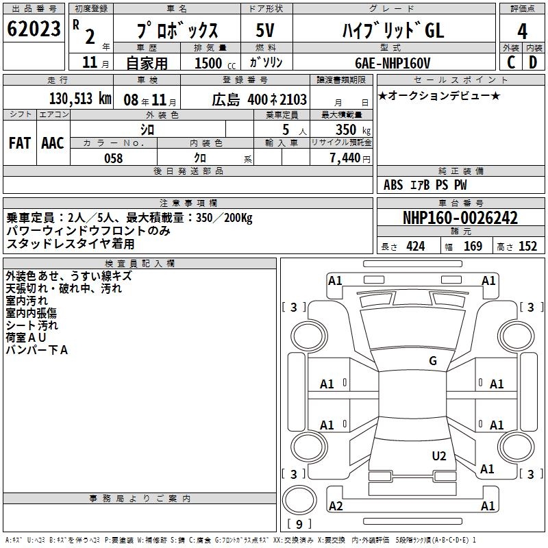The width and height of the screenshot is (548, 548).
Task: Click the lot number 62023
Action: click(x=34, y=29)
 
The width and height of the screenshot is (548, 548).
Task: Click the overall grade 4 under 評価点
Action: click(x=522, y=32)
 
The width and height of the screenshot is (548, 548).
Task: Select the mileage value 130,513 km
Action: click(x=80, y=99)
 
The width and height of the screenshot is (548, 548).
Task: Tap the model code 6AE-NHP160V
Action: click(x=393, y=63)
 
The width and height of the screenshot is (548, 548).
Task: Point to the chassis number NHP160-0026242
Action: click(x=460, y=218)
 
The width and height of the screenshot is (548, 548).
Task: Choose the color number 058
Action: click(x=114, y=158)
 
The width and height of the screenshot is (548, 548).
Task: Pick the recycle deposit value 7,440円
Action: click(x=350, y=158)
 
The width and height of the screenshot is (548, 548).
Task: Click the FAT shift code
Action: click(x=20, y=143)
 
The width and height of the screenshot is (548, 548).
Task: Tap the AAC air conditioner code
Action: click(x=53, y=143)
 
